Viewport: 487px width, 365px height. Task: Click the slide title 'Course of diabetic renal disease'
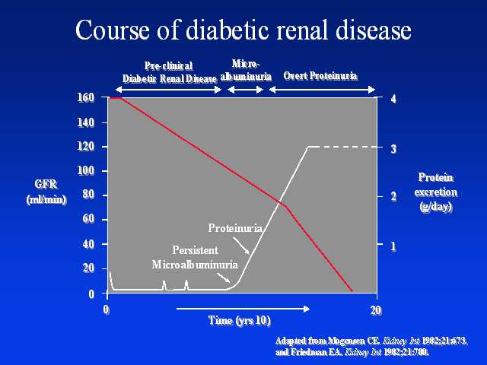tap(243, 30)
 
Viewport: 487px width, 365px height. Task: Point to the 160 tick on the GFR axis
tap(86, 97)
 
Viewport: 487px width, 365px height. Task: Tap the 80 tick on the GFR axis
tap(88, 195)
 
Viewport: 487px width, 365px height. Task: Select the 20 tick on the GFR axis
tap(88, 268)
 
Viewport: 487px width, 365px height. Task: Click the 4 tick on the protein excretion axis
tap(393, 99)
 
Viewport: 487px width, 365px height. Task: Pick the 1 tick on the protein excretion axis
tap(393, 246)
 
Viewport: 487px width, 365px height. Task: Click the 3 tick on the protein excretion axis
tap(393, 148)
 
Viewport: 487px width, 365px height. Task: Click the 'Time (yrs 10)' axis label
tap(239, 320)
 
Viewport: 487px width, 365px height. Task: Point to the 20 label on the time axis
tap(374, 309)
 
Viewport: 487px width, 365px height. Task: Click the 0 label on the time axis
tap(107, 309)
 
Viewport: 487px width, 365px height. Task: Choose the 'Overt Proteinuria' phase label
tap(320, 76)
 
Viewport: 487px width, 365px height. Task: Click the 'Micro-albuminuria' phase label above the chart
tap(246, 71)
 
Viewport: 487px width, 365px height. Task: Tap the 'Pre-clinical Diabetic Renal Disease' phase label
tap(169, 72)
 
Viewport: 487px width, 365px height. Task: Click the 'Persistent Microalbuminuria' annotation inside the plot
tap(195, 258)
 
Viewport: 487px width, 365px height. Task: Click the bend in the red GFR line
tap(286, 205)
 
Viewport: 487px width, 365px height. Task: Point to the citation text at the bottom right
tap(371, 346)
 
